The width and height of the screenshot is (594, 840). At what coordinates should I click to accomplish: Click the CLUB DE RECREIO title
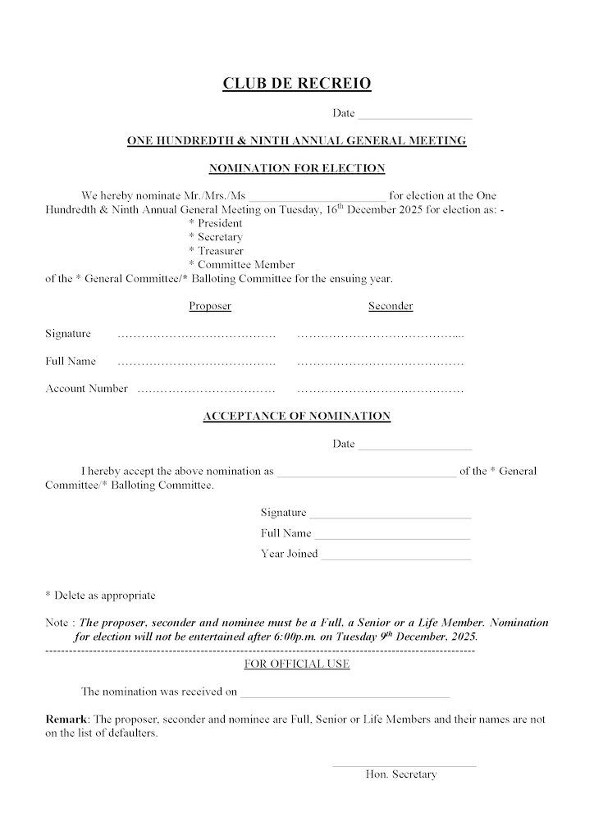click(296, 83)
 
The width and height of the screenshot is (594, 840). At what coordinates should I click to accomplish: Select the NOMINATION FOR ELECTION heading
click(296, 168)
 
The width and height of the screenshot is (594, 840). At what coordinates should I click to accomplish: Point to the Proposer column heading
click(210, 307)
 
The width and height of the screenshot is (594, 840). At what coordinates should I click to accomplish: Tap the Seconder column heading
click(391, 307)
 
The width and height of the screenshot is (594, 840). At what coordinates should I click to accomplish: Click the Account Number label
click(86, 389)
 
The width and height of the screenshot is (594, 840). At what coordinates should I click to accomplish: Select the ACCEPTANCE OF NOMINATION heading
click(296, 417)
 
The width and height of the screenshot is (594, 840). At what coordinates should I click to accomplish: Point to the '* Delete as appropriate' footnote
click(100, 596)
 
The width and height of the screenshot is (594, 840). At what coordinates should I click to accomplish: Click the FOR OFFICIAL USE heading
click(297, 664)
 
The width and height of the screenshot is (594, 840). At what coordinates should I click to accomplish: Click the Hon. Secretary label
click(401, 774)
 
